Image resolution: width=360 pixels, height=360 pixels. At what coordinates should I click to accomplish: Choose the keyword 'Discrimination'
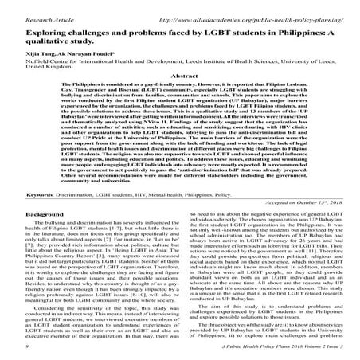tap(68, 194)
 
